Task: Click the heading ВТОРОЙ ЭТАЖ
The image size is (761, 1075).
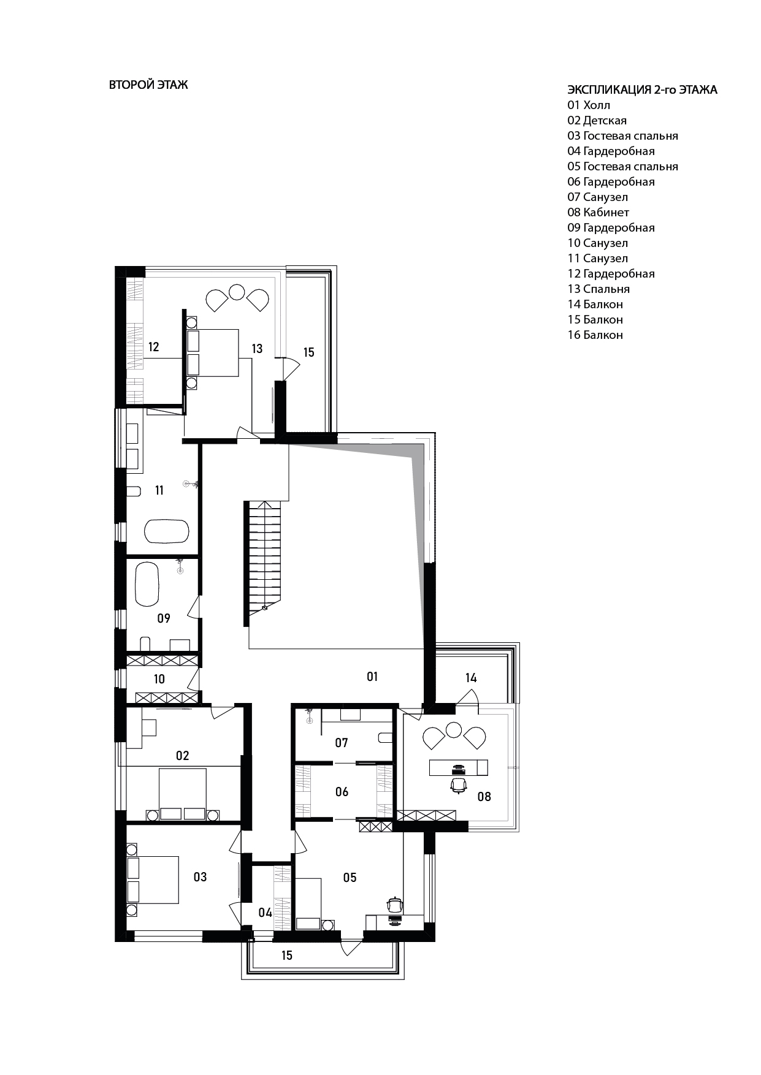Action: click(148, 85)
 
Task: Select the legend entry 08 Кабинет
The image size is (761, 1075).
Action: click(598, 213)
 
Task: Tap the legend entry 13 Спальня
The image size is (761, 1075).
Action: click(598, 289)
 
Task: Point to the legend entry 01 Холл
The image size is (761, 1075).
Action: click(589, 105)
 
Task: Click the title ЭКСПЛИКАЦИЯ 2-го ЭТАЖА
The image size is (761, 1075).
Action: click(642, 90)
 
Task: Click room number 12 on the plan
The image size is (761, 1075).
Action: click(153, 348)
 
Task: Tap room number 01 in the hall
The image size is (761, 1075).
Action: click(372, 677)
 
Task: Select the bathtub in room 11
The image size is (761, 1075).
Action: click(167, 531)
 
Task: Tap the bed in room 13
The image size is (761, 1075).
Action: click(213, 352)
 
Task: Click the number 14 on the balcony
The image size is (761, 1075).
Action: click(471, 678)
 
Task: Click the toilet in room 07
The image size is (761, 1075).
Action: click(385, 737)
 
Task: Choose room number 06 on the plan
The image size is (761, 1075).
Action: click(342, 792)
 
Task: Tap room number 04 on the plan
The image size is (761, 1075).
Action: click(265, 913)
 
